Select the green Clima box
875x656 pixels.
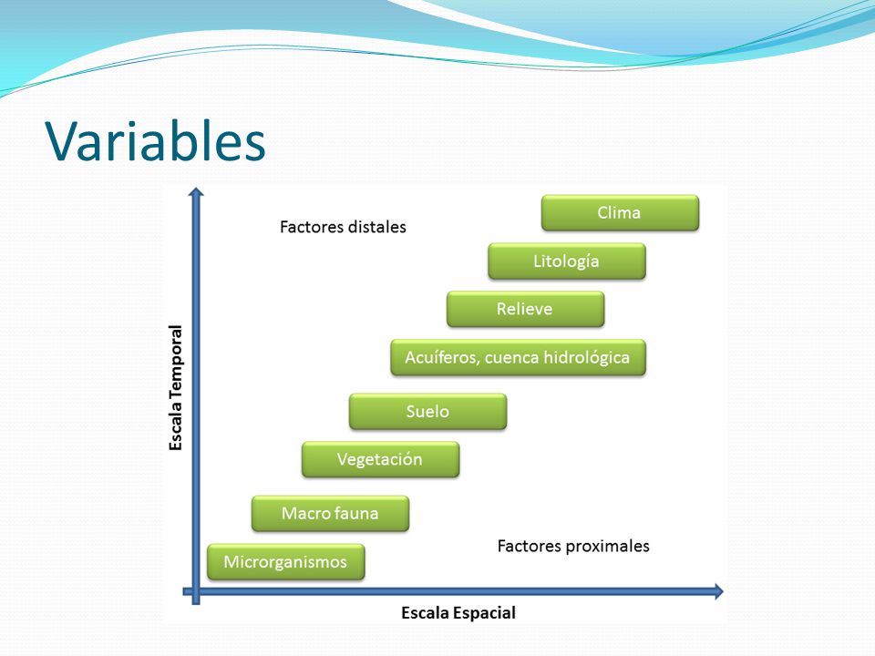[620, 212]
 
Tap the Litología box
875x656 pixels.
[566, 261]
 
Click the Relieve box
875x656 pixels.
[525, 309]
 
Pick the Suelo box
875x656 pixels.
[428, 412]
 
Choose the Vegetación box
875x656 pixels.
[381, 459]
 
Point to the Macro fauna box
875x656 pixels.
[330, 513]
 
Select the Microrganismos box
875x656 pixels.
[285, 562]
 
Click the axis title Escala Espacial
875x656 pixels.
[458, 613]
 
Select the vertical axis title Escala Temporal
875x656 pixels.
[176, 388]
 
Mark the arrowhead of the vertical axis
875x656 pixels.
[196, 191]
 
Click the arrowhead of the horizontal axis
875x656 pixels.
[719, 591]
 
